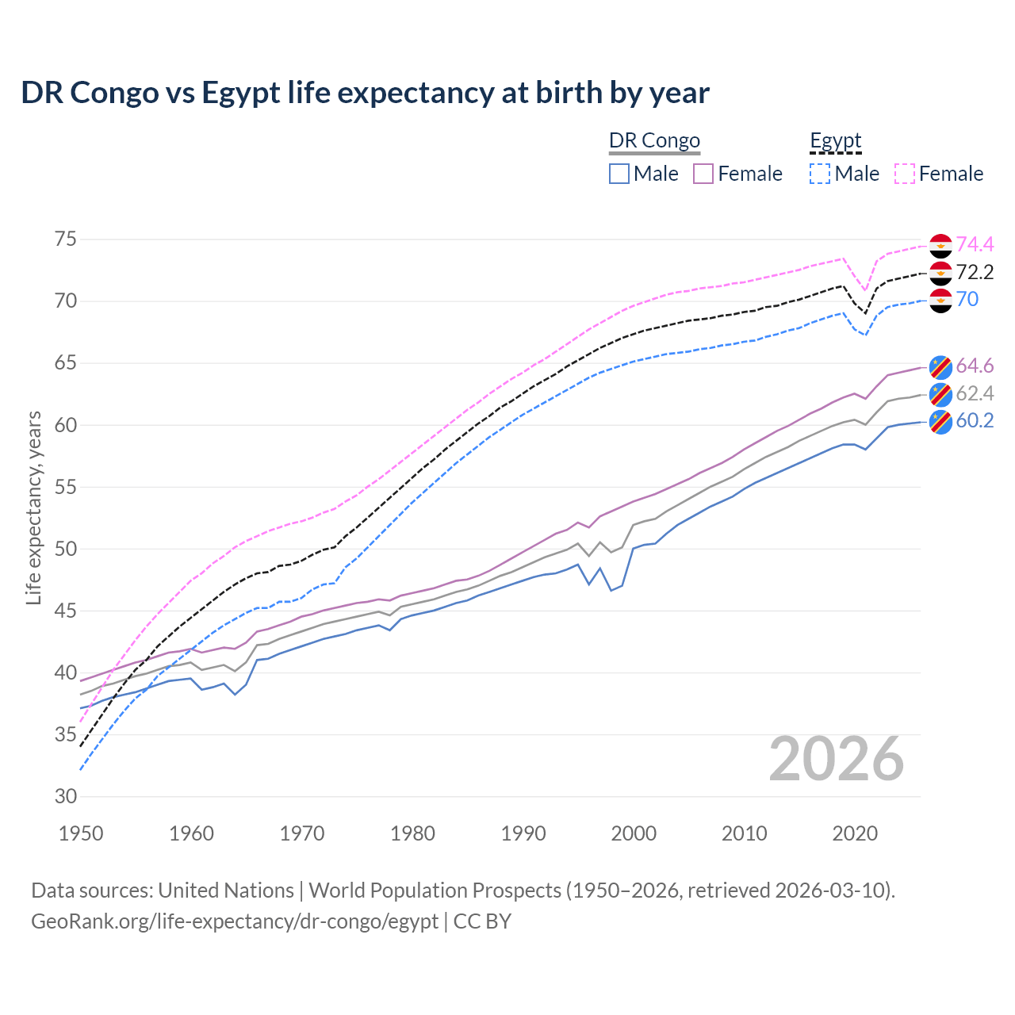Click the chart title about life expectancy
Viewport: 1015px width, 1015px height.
pos(365,93)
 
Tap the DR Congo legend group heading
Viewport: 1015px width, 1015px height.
pos(654,141)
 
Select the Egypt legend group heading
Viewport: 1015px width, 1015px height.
pos(835,141)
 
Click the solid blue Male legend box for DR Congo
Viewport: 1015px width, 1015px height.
pos(619,174)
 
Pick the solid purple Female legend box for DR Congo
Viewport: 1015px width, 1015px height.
pos(703,174)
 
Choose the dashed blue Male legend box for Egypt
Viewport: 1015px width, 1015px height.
pos(820,174)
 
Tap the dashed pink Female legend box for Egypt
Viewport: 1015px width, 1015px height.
pos(905,174)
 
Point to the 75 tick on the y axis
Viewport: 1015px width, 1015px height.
pos(65,239)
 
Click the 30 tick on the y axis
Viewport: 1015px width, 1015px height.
pos(65,796)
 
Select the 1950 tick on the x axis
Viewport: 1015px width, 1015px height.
pos(81,833)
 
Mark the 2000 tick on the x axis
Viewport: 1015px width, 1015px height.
pos(634,833)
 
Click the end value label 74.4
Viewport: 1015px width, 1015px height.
pos(975,245)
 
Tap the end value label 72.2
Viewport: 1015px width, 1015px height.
pos(975,273)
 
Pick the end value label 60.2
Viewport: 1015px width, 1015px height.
pos(975,421)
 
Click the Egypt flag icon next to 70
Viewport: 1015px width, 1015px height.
pos(940,301)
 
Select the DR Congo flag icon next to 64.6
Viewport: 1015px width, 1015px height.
pos(940,366)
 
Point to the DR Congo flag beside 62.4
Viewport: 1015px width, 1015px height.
pos(940,394)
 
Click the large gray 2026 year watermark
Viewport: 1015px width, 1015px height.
pos(836,759)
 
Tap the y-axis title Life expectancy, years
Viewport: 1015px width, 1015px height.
pos(33,507)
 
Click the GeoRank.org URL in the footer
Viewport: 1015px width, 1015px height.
pos(235,921)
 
